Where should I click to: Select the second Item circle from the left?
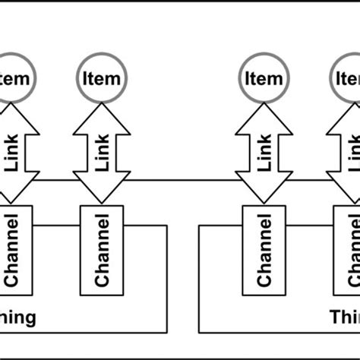point(103,77)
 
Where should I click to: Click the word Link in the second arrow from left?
point(103,153)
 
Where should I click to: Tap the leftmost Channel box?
point(14,250)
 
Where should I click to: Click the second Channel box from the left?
point(103,250)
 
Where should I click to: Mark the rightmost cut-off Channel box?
point(349,250)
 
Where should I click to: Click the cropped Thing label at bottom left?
point(19,317)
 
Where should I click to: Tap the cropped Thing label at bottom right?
point(344,317)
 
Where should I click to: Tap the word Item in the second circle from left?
point(103,77)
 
